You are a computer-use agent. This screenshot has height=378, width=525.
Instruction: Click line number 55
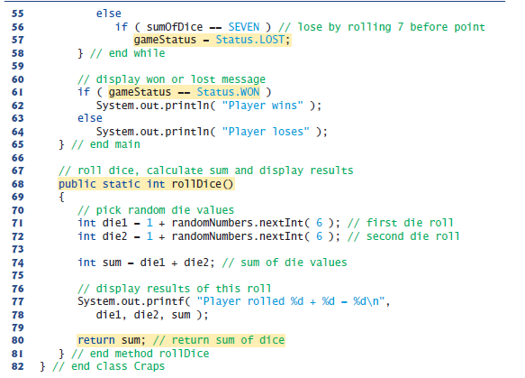click(18, 14)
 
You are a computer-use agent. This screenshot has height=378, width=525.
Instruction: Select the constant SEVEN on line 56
click(244, 27)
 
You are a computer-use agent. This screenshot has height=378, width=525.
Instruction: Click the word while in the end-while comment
click(149, 53)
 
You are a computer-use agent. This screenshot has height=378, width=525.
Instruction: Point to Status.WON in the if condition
click(228, 92)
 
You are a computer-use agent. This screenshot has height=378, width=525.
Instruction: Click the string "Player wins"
click(263, 106)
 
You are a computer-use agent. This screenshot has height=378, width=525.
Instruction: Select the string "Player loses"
click(266, 132)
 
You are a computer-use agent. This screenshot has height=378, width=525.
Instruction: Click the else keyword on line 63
click(90, 118)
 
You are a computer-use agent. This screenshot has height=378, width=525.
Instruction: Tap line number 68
click(18, 184)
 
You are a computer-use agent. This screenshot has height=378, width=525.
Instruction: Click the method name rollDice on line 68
click(196, 184)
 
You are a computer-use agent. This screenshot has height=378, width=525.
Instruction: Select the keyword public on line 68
click(77, 184)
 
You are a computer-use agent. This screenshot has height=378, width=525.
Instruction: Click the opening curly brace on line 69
click(61, 197)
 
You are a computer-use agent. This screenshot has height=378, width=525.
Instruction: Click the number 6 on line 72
click(320, 236)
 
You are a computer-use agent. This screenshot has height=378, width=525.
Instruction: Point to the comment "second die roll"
click(412, 236)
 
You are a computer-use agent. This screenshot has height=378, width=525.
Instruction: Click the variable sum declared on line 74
click(112, 263)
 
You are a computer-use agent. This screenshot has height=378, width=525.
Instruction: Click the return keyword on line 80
click(96, 340)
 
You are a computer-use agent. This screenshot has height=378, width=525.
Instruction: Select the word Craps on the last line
click(149, 366)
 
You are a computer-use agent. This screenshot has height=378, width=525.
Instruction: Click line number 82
click(18, 366)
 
